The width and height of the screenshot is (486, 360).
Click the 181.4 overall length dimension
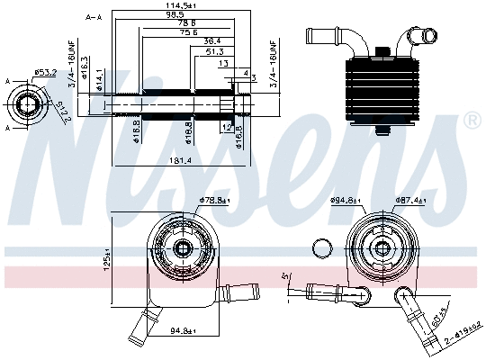point(179,161)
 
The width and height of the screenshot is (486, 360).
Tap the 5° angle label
point(286,276)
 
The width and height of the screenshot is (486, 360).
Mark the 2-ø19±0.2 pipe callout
point(463,334)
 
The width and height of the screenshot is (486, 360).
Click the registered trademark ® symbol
point(472,120)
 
